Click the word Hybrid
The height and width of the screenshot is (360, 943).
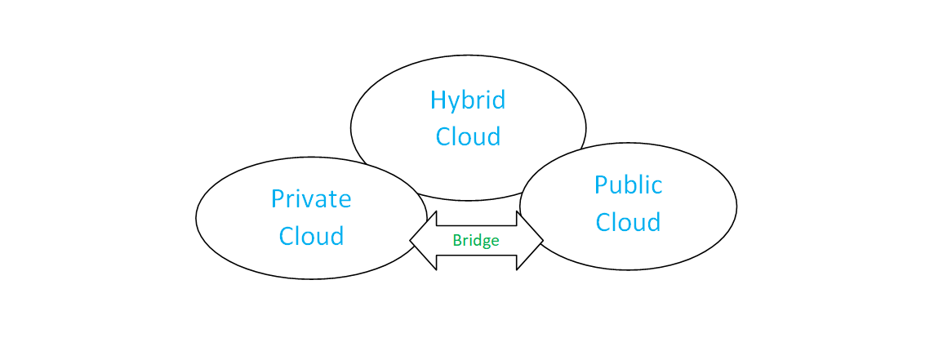tap(468, 100)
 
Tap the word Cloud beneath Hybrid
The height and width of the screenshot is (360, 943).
tap(468, 136)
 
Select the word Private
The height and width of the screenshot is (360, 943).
tap(311, 198)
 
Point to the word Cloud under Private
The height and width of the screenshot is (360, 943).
tap(311, 236)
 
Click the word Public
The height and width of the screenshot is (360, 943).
tap(628, 185)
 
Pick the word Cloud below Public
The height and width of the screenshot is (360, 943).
tap(628, 222)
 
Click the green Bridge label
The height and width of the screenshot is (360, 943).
tap(476, 241)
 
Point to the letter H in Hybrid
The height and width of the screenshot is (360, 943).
tap(438, 100)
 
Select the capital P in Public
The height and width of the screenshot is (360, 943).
tap(601, 185)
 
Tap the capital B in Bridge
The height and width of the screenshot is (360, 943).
tap(456, 241)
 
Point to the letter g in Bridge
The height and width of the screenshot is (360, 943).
tap(486, 243)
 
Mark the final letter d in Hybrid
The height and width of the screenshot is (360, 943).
tap(498, 100)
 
